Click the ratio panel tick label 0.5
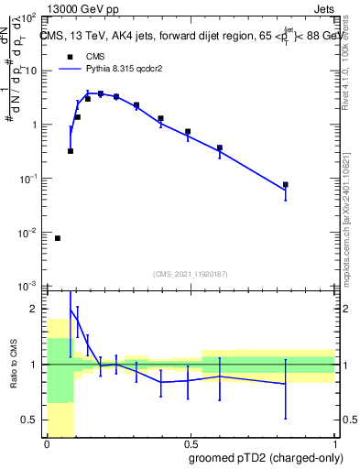pos(31,420)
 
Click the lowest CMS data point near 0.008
pos(58,238)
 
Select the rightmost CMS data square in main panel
pos(286,185)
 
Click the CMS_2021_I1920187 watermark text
pos(190,274)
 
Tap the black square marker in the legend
pos(70,55)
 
